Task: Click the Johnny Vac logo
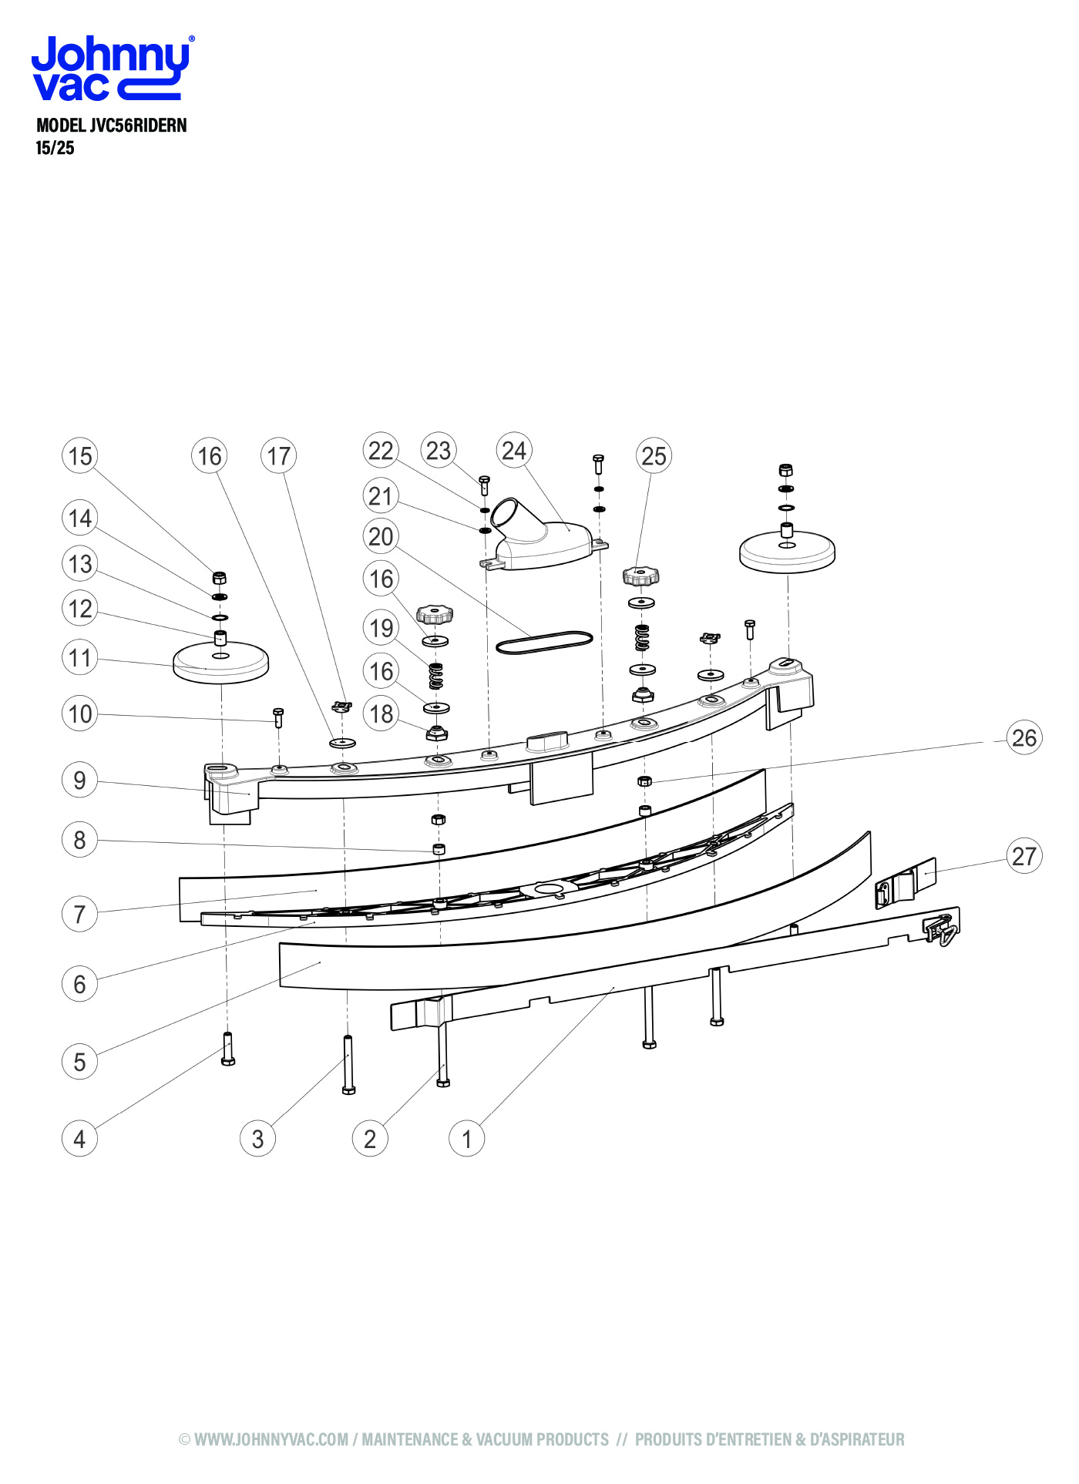[112, 68]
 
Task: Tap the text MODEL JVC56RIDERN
[112, 126]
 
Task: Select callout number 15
[79, 456]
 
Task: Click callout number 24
[514, 451]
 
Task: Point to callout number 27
[1024, 856]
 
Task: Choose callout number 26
[1024, 738]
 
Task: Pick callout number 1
[466, 1139]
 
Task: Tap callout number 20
[381, 536]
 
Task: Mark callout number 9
[79, 781]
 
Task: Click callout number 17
[278, 456]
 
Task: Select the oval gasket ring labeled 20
[544, 642]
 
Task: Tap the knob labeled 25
[640, 576]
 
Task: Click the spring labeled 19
[435, 676]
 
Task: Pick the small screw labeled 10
[278, 717]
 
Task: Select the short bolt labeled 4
[227, 1049]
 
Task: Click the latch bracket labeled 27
[906, 883]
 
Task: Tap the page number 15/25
[55, 148]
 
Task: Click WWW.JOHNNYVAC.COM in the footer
[271, 1439]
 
